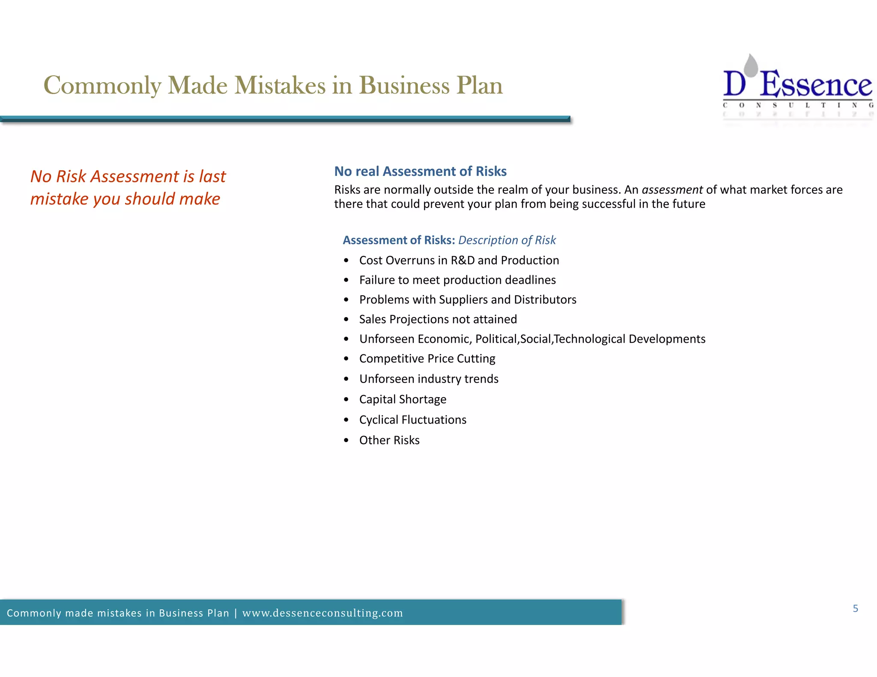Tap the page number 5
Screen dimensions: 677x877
855,608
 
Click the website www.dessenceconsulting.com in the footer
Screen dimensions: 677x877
322,613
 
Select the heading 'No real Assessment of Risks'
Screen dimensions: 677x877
420,171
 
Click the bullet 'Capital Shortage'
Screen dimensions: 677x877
403,399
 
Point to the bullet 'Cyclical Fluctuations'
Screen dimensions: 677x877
412,420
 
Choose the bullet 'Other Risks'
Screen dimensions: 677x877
389,440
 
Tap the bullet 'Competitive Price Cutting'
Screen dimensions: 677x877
427,359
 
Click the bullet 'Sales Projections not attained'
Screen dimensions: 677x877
438,319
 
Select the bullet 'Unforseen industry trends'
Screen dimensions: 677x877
429,379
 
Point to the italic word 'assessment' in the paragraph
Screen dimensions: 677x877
672,190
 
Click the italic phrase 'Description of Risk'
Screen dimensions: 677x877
507,240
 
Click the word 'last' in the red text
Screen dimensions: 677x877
212,176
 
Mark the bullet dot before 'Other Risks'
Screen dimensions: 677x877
346,440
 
